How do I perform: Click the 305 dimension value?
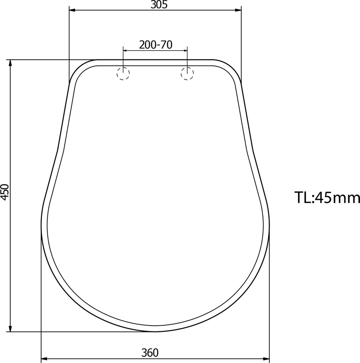click(159, 5)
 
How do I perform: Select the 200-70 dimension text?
click(156, 45)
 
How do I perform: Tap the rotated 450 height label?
click(5, 192)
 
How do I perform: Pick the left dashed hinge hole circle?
click(123, 74)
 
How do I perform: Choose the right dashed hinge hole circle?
click(187, 74)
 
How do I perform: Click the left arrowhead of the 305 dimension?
click(73, 10)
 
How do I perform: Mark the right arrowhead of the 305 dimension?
click(238, 10)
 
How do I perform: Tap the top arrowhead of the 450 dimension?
click(10, 63)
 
